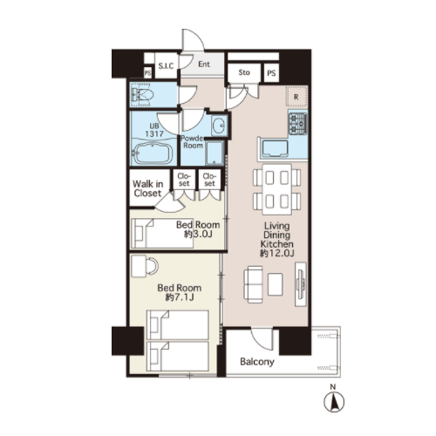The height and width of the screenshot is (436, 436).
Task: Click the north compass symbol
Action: click(334, 402)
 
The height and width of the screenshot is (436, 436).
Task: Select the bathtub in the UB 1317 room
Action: click(152, 153)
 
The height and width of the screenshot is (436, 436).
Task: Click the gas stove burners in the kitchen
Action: click(298, 124)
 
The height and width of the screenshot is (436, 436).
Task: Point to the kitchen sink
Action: click(275, 149)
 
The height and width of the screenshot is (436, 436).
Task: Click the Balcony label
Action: click(257, 362)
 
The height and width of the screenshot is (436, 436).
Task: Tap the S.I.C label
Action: click(166, 66)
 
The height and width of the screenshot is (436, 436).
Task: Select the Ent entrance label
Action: click(204, 65)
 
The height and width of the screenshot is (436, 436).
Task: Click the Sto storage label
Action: click(244, 72)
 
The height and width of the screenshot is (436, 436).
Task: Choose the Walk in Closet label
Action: click(147, 188)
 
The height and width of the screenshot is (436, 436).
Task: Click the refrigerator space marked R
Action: click(296, 97)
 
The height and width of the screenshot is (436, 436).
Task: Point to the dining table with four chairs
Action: click(276, 189)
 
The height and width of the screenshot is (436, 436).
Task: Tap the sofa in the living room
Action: click(253, 284)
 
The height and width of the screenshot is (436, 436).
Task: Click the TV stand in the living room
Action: click(301, 284)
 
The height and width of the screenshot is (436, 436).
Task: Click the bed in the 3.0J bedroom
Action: click(162, 234)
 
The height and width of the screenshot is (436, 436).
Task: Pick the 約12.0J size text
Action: click(277, 254)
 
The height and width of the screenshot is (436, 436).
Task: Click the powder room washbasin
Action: click(218, 126)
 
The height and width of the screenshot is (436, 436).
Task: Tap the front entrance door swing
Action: click(194, 40)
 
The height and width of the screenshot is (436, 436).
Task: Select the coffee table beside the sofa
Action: click(276, 284)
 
